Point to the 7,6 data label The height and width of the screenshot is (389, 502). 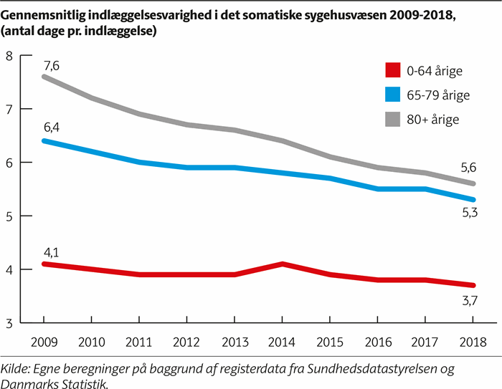(50, 65)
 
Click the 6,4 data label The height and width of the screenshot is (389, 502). (50, 128)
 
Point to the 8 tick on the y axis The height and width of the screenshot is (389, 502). (9, 56)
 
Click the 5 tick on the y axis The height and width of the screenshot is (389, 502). (9, 216)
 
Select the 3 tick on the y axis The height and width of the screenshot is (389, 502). (9, 323)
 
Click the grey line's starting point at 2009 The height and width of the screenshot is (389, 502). (44, 77)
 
